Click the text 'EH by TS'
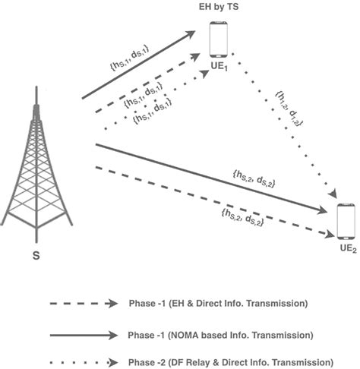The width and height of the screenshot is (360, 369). [x=220, y=8]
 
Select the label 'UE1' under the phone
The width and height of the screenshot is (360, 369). [x=221, y=68]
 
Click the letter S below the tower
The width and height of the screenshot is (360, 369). [x=36, y=254]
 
